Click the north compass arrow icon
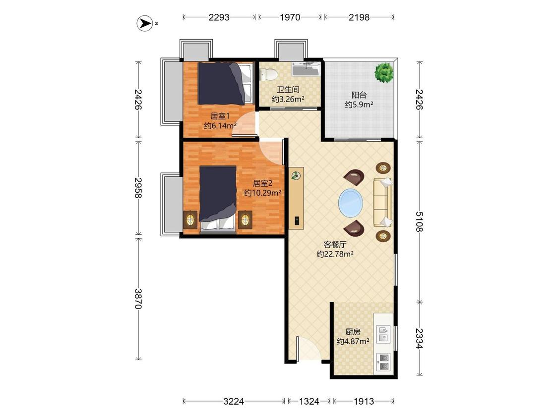tap(145, 23)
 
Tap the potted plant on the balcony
tap(383, 72)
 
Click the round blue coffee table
tap(351, 204)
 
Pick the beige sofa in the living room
tap(382, 202)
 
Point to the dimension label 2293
tap(219, 17)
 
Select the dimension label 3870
tap(138, 299)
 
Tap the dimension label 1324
tap(309, 401)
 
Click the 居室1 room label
tap(220, 116)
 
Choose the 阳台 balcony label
tap(359, 95)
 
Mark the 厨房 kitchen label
tap(353, 332)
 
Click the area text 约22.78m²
tap(335, 254)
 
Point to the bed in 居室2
tap(218, 199)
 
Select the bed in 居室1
tap(225, 84)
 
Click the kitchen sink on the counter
tap(383, 334)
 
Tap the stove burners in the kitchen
tap(383, 362)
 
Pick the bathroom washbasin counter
tap(306, 69)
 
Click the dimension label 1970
tap(290, 17)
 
